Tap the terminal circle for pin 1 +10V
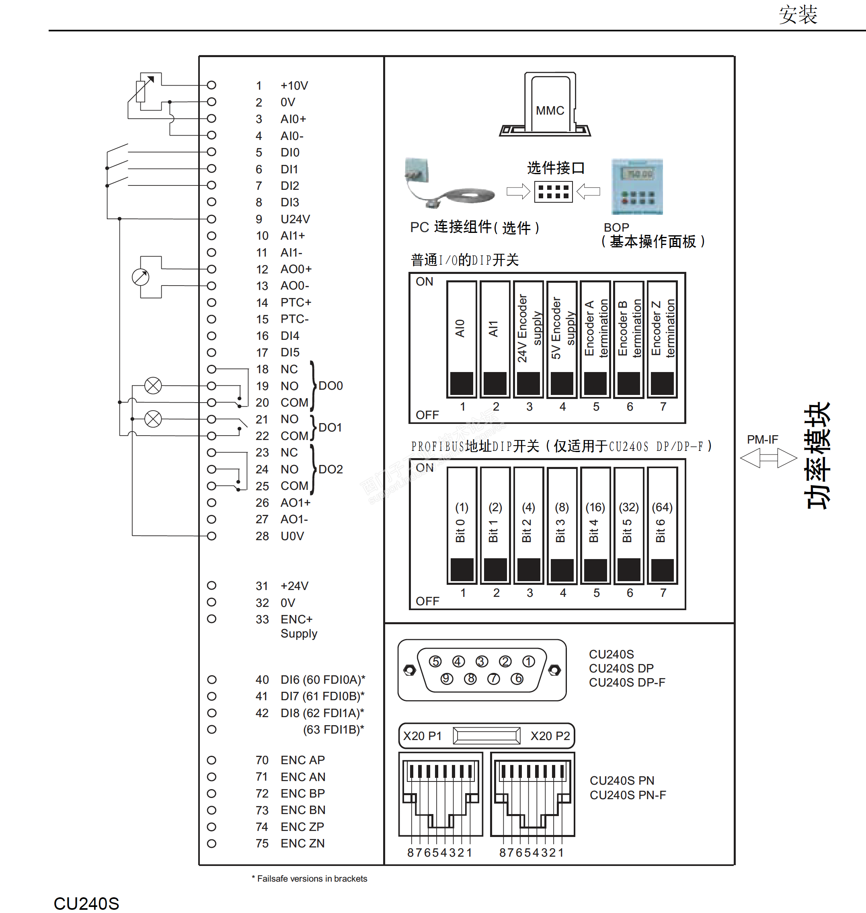[x=211, y=85]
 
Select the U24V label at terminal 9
[x=296, y=219]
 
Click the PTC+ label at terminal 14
[x=296, y=302]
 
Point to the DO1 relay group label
[x=330, y=428]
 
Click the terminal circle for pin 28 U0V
[x=211, y=536]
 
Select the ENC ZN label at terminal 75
[x=303, y=843]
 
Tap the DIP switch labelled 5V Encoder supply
[x=562, y=339]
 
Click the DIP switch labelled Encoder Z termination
[x=663, y=339]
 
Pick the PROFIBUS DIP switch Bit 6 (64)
[x=663, y=526]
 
